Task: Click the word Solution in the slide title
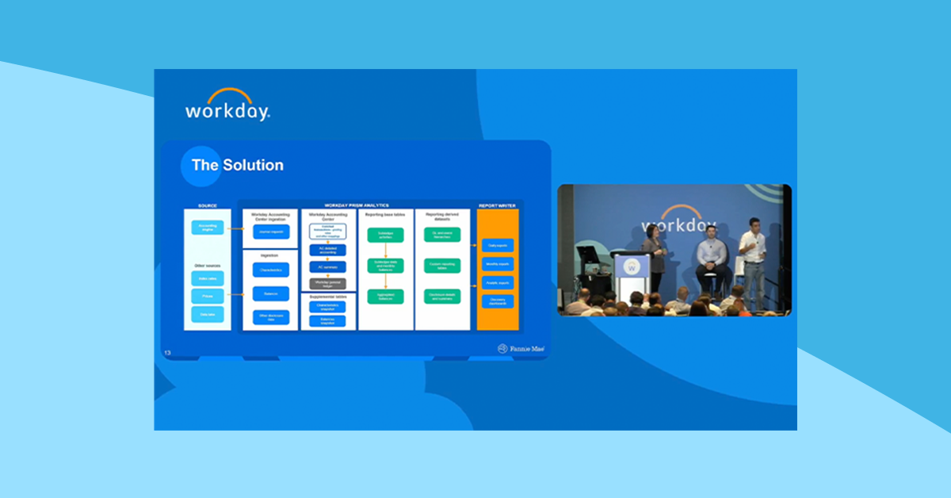[x=252, y=166]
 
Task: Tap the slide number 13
[x=167, y=352]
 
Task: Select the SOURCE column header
[x=207, y=205]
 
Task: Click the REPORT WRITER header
[x=497, y=205]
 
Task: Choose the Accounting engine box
[x=208, y=228]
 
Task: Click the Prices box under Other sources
[x=208, y=296]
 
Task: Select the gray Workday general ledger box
[x=327, y=283]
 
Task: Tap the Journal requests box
[x=271, y=232]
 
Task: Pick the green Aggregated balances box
[x=385, y=296]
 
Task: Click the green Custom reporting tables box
[x=442, y=266]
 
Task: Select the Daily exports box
[x=498, y=245]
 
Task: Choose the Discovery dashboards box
[x=498, y=301]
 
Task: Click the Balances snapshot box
[x=327, y=321]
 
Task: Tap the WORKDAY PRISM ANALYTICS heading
[x=357, y=205]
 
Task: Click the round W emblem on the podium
[x=632, y=267]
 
